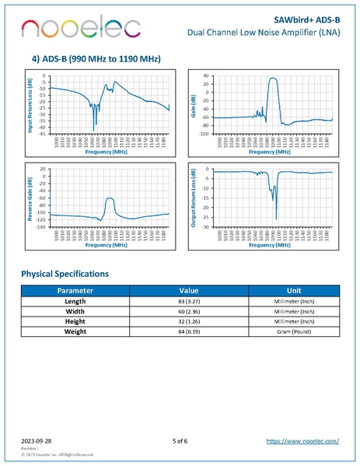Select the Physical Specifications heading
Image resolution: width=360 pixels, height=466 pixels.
point(65,274)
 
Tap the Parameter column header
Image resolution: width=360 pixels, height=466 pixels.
point(75,290)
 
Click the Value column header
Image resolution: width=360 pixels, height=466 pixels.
point(189,290)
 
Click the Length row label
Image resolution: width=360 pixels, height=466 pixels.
point(75,300)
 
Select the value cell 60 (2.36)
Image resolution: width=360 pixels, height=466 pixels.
point(189,311)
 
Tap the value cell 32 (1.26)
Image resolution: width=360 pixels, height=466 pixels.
point(189,321)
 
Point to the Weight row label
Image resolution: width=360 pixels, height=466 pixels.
point(75,332)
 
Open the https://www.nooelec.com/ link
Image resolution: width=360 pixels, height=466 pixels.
point(302,440)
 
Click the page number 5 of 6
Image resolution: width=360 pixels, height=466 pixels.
point(180,440)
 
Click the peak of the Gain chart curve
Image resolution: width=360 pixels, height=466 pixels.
point(272,78)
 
